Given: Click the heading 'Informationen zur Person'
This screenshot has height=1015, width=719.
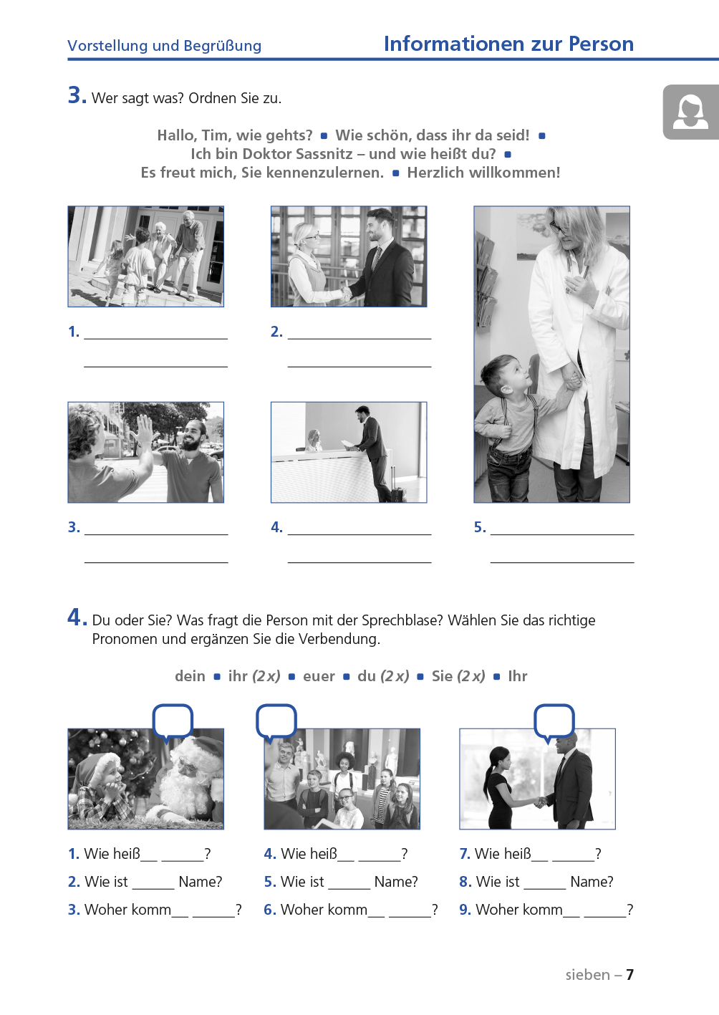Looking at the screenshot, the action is point(508,44).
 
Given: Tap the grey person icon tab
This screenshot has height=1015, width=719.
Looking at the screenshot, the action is point(690,112).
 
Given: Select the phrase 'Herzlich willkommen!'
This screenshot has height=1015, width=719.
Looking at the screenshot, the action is point(483,173).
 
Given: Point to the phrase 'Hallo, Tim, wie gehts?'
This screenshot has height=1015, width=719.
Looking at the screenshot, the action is point(235,135).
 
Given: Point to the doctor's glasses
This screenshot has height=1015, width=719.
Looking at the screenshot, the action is point(558,227).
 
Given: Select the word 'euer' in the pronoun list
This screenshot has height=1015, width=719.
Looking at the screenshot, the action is point(319,676).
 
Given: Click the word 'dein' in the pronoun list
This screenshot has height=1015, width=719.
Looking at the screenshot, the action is point(190,676).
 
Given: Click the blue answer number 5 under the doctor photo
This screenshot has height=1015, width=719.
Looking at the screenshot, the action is point(480,527).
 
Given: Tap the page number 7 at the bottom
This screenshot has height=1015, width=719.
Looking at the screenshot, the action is point(629,975).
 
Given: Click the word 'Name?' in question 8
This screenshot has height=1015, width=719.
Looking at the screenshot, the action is point(592,882).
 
